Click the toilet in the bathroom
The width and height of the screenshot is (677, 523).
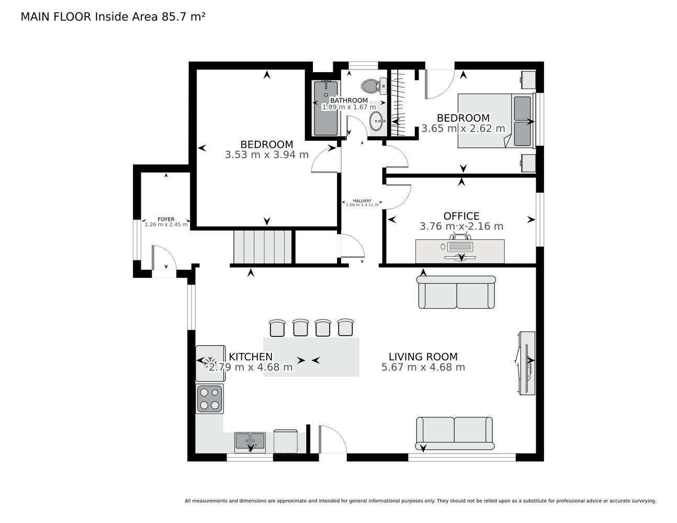click(x=374, y=86)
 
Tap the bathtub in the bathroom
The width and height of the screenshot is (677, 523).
click(x=326, y=108)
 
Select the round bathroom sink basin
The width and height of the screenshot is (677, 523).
click(x=377, y=121)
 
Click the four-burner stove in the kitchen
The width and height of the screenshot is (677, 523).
click(x=209, y=399)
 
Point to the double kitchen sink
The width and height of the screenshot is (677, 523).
click(x=250, y=442)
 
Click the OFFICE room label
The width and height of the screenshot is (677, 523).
click(x=461, y=215)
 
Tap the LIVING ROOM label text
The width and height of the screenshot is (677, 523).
click(x=423, y=357)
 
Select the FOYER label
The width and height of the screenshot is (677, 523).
click(x=166, y=219)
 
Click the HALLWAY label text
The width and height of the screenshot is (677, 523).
click(x=362, y=201)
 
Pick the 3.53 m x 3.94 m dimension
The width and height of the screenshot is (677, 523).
click(x=267, y=155)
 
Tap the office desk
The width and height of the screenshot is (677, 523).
click(x=460, y=251)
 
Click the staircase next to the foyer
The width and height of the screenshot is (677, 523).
click(x=263, y=247)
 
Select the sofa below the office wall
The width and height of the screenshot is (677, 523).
click(x=456, y=292)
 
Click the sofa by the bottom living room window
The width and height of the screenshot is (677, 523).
click(x=455, y=434)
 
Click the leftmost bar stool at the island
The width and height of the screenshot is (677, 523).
click(x=277, y=328)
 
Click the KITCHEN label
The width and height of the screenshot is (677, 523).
click(x=251, y=357)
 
